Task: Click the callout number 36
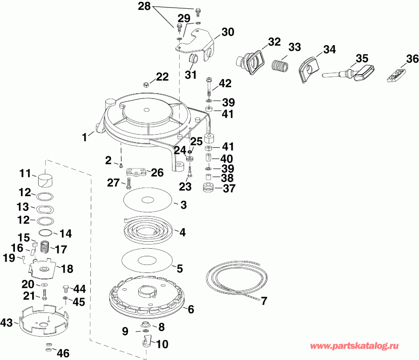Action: tap(412, 60)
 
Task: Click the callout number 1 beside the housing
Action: tap(84, 137)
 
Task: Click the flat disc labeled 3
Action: tap(148, 200)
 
